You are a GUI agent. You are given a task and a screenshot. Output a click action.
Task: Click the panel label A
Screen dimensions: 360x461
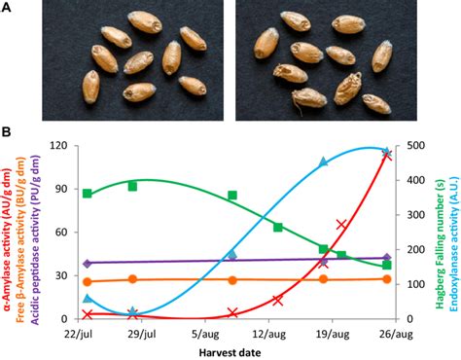[x=7, y=8]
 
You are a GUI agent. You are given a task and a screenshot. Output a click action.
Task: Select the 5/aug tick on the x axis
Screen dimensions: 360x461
[x=200, y=334]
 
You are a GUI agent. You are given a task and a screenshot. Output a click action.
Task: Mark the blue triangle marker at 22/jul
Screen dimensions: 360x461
[x=88, y=299]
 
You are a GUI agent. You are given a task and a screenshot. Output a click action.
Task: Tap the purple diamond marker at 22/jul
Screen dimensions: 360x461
[x=88, y=263]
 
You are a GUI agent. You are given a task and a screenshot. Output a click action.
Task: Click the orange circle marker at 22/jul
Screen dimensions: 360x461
[x=88, y=282]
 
